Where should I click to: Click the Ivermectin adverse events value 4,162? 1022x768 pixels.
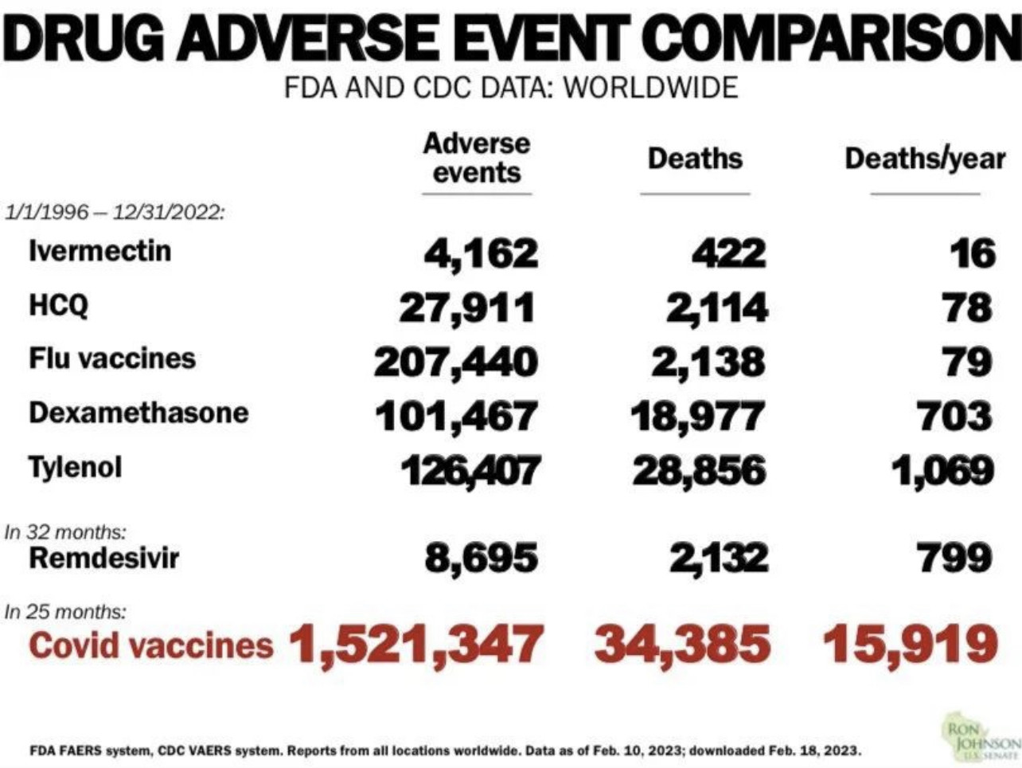pyautogui.click(x=481, y=254)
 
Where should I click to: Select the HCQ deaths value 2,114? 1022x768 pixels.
pyautogui.click(x=717, y=308)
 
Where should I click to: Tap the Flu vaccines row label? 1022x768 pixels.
pyautogui.click(x=112, y=359)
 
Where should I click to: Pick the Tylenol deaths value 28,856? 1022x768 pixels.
pyautogui.click(x=699, y=471)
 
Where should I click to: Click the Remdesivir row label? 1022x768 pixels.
pyautogui.click(x=103, y=558)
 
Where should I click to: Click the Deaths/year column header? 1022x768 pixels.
pyautogui.click(x=925, y=159)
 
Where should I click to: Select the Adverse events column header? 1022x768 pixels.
pyautogui.click(x=476, y=158)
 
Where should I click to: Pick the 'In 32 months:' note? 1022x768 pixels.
pyautogui.click(x=65, y=531)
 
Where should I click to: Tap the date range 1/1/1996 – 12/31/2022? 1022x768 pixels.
pyautogui.click(x=115, y=214)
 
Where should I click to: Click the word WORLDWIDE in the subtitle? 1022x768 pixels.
pyautogui.click(x=650, y=87)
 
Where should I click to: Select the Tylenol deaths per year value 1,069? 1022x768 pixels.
pyautogui.click(x=942, y=471)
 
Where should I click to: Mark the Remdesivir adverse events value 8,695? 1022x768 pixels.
pyautogui.click(x=481, y=558)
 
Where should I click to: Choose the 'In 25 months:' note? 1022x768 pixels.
pyautogui.click(x=65, y=612)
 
